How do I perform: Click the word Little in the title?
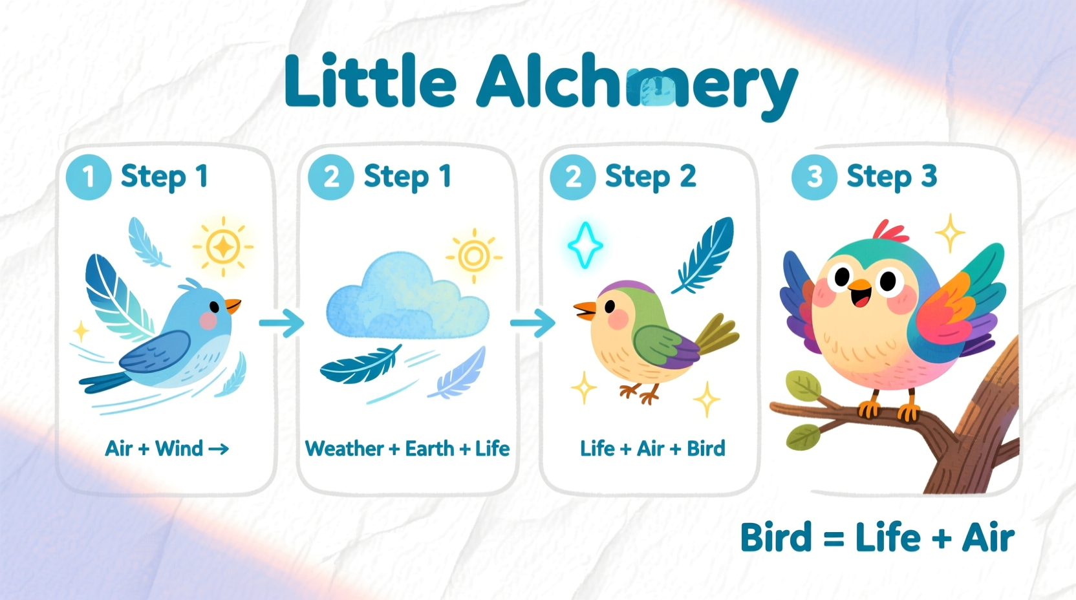pyautogui.click(x=370, y=82)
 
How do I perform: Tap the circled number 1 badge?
pyautogui.click(x=89, y=177)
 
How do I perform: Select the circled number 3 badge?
pyautogui.click(x=814, y=177)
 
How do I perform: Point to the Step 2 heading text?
pyautogui.click(x=651, y=177)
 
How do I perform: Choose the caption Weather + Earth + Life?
pyautogui.click(x=407, y=449)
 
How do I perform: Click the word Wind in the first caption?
pyautogui.click(x=179, y=449)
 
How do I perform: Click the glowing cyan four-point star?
pyautogui.click(x=585, y=245)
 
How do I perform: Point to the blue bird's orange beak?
pyautogui.click(x=233, y=305)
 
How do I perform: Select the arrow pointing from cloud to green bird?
pyautogui.click(x=532, y=322)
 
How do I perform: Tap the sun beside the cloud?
pyautogui.click(x=474, y=256)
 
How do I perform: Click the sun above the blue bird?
pyautogui.click(x=223, y=246)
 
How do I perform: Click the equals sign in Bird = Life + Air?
pyautogui.click(x=834, y=539)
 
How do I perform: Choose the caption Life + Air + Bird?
pyautogui.click(x=652, y=449)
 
